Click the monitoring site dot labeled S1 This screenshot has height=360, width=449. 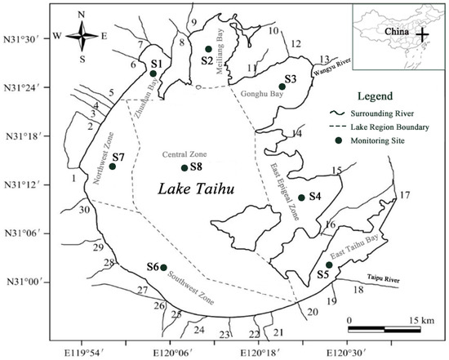coord(153,73)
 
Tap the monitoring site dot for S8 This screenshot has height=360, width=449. coord(184,168)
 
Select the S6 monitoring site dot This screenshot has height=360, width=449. coord(164,267)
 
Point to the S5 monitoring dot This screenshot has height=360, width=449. coord(329,264)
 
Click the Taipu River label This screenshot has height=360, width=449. coord(381,279)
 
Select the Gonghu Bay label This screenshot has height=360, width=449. coord(262,95)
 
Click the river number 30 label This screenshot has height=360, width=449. coord(83,210)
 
